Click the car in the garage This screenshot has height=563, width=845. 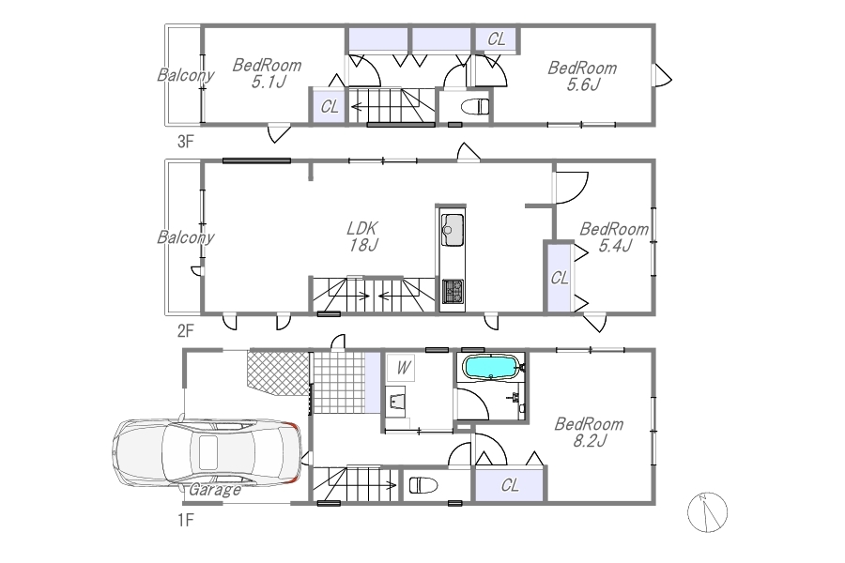point(207,453)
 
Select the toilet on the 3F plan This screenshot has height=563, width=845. point(475,107)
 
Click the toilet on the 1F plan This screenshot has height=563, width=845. point(423,485)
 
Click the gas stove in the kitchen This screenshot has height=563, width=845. point(453,292)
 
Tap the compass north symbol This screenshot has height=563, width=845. point(708,512)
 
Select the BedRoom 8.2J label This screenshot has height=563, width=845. point(589,432)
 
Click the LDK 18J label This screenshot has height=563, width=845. point(362,236)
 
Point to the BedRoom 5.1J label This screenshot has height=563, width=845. point(267,73)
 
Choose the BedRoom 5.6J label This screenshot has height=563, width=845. point(582,76)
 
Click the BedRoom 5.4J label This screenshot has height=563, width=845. point(614,237)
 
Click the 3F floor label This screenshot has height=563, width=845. point(185,142)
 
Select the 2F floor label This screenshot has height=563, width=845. point(185,330)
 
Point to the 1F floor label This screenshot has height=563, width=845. point(185,521)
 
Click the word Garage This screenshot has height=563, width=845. point(215,490)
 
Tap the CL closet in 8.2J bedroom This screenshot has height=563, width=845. point(509,485)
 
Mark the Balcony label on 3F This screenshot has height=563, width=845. point(185,75)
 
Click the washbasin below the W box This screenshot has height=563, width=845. point(396,401)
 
